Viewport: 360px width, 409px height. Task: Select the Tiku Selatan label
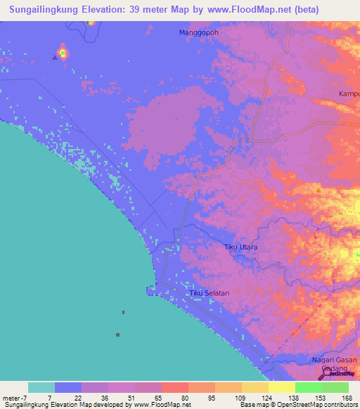[210, 293]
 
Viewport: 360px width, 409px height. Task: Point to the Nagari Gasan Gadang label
[335, 364]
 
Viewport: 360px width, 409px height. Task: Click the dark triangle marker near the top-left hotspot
[54, 58]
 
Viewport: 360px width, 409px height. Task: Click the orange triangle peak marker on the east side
[319, 190]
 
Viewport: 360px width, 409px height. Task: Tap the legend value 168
[347, 398]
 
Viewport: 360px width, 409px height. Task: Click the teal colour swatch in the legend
[41, 387]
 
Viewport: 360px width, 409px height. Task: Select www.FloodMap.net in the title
[236, 10]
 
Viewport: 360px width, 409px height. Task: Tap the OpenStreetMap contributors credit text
[319, 405]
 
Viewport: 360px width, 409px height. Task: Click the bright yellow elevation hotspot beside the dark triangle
[63, 52]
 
